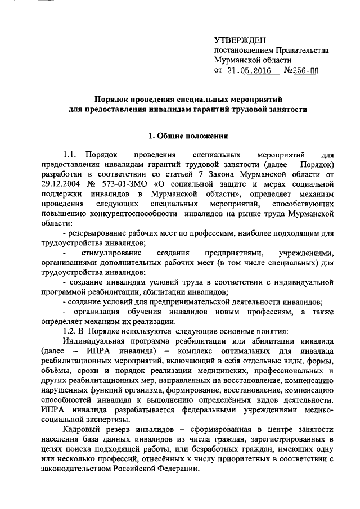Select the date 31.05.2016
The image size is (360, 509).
[247, 71]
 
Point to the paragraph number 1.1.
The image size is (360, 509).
[70, 154]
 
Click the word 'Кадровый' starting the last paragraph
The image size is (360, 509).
[80, 428]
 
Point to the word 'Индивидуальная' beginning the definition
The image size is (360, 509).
[92, 340]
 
